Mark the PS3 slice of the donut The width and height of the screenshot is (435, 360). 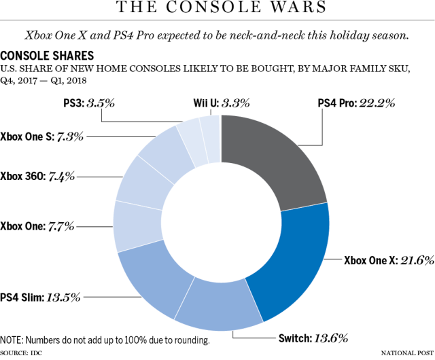point(190,132)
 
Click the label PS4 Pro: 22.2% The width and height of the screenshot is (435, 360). point(357,104)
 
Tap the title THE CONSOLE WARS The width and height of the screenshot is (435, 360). point(217,9)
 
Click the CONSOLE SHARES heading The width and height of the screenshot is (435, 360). point(48,54)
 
